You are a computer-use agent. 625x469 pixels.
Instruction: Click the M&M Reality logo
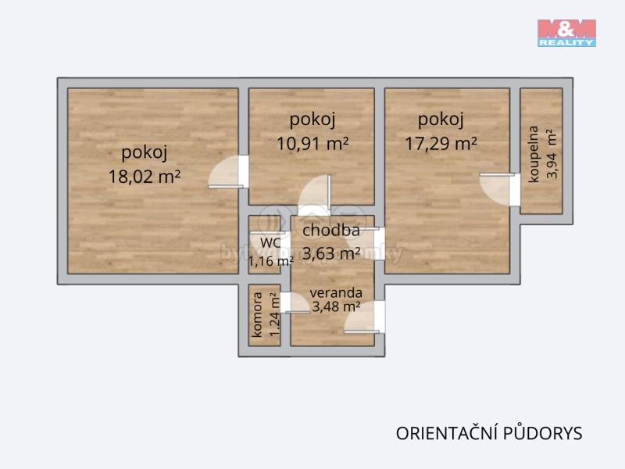(566, 33)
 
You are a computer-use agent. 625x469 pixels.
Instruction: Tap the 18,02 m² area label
(145, 177)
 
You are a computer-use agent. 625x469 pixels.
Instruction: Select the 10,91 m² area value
(312, 144)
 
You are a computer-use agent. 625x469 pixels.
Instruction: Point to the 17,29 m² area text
(441, 144)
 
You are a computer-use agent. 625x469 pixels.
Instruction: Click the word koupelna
(534, 154)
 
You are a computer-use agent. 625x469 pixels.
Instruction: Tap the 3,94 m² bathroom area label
(552, 153)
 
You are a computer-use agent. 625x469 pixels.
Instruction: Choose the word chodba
(330, 230)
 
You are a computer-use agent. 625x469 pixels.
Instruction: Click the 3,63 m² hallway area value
(331, 252)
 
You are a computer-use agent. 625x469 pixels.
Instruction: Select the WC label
(270, 242)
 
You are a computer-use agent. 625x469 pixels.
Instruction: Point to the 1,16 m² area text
(271, 261)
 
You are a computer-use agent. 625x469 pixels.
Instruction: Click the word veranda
(336, 292)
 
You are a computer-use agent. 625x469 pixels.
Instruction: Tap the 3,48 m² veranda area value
(336, 306)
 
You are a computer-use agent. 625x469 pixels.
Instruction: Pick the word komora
(257, 315)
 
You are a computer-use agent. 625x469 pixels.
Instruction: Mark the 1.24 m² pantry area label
(274, 315)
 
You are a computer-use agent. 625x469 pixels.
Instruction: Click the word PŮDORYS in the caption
(543, 433)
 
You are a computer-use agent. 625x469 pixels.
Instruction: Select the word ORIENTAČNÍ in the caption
(447, 434)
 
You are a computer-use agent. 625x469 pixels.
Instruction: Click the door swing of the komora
(295, 303)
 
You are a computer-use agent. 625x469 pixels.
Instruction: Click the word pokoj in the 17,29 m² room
(441, 120)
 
